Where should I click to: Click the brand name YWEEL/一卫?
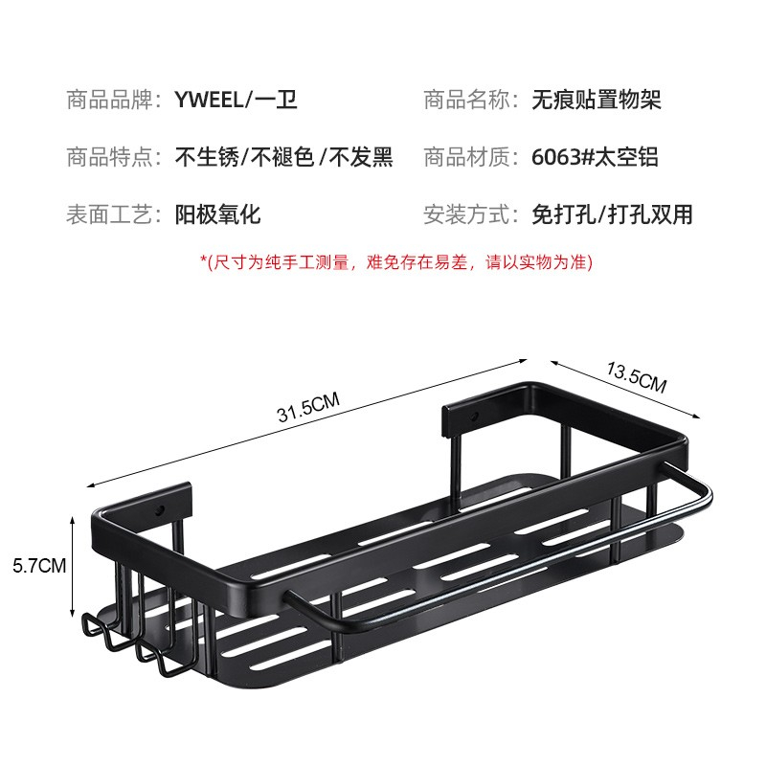(x=236, y=100)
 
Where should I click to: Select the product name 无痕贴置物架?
(x=596, y=100)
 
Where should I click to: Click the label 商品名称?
(x=470, y=100)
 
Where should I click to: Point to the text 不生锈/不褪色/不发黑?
(x=283, y=157)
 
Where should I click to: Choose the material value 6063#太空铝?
(x=594, y=157)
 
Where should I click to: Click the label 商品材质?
(x=470, y=157)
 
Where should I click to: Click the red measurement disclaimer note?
(x=395, y=260)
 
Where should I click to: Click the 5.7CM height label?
(x=38, y=565)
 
